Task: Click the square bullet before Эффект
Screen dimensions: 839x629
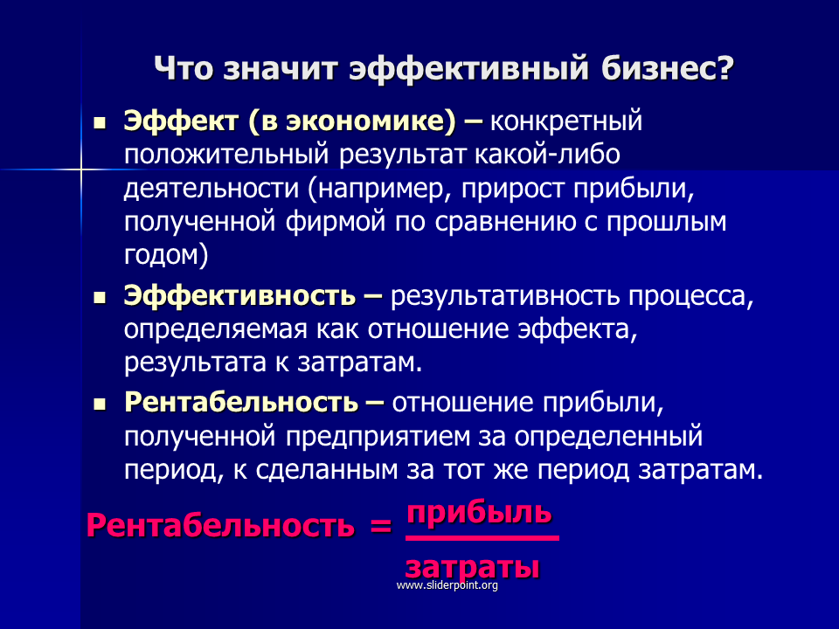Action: pos(100,125)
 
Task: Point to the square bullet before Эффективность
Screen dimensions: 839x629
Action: pos(100,299)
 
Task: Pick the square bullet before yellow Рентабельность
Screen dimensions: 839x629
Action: pos(100,404)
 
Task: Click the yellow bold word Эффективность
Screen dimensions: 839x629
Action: pos(239,295)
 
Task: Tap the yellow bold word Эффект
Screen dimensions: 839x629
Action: pos(182,121)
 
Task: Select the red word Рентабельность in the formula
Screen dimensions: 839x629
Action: pos(220,525)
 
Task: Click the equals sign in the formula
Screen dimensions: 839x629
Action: pos(380,526)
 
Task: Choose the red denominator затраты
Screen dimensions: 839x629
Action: pos(472,567)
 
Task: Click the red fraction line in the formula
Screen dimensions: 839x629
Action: pos(482,538)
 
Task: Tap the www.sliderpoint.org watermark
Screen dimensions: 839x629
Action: pos(447,585)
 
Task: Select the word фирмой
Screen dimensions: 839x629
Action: pos(335,221)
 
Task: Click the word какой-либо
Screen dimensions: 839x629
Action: pos(547,155)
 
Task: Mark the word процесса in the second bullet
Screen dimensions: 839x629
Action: pos(690,297)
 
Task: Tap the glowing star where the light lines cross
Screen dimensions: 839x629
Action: pos(81,170)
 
